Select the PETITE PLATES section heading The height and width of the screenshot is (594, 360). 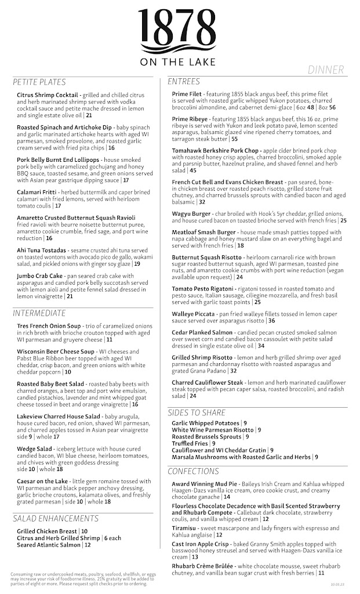click(x=39, y=82)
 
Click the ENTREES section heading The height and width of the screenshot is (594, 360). click(x=184, y=81)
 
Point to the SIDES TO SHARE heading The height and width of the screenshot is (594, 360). click(x=197, y=412)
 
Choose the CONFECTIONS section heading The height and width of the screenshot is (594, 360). click(x=194, y=471)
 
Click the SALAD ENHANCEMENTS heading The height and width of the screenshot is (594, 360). click(x=56, y=519)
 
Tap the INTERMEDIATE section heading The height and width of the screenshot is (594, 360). click(x=39, y=313)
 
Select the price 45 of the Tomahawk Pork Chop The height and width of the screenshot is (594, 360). click(x=193, y=171)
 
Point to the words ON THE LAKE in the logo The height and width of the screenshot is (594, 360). click(x=179, y=62)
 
